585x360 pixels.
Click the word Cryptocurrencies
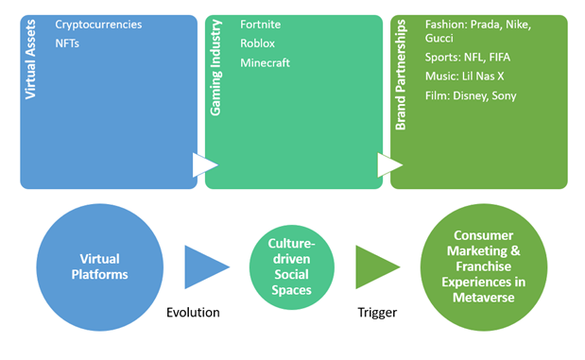click(x=98, y=24)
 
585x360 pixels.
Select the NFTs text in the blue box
click(x=68, y=43)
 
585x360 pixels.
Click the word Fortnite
click(x=262, y=24)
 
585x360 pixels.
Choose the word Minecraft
click(x=266, y=62)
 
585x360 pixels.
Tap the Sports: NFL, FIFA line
click(x=469, y=57)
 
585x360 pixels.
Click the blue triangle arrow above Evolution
click(x=202, y=267)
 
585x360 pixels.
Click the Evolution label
click(x=193, y=312)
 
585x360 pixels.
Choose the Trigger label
click(x=376, y=312)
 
